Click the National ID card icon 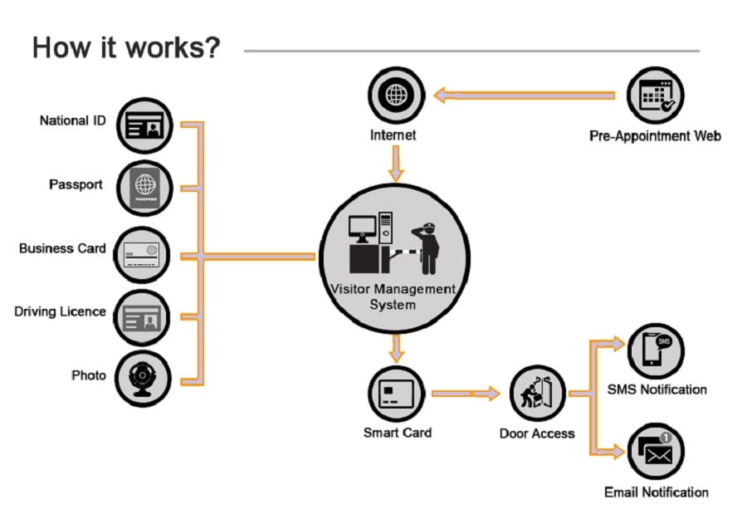pyautogui.click(x=144, y=126)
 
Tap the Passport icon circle pyautogui.click(x=144, y=189)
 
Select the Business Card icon pyautogui.click(x=143, y=254)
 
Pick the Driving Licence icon pyautogui.click(x=143, y=316)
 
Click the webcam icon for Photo pyautogui.click(x=144, y=379)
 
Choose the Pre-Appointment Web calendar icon pyautogui.click(x=656, y=95)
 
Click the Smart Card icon pyautogui.click(x=396, y=394)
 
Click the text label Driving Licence pyautogui.click(x=61, y=311)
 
